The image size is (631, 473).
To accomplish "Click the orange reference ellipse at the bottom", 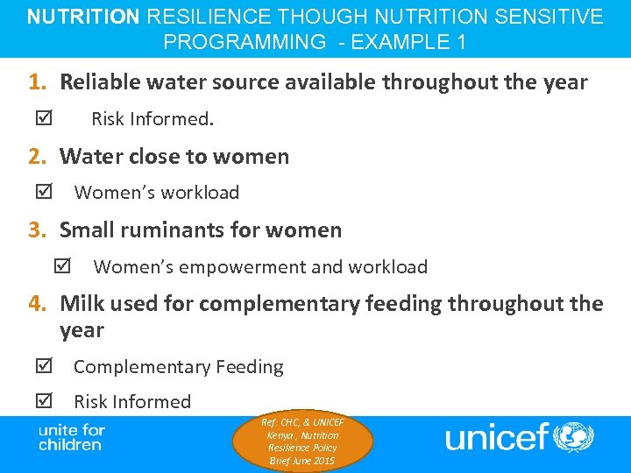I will coord(303,441).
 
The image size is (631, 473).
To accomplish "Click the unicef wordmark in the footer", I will coord(496,436).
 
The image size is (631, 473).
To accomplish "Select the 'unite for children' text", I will coord(72,437).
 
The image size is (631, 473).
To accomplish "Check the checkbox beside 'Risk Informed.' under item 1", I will coord(45,118).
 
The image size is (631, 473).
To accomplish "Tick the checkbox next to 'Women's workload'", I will coord(45,192).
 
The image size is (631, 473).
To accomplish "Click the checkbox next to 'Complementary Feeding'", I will coord(45,366).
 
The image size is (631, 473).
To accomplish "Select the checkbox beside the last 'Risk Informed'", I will coord(45,401).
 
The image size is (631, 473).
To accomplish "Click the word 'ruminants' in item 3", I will coord(170,230).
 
